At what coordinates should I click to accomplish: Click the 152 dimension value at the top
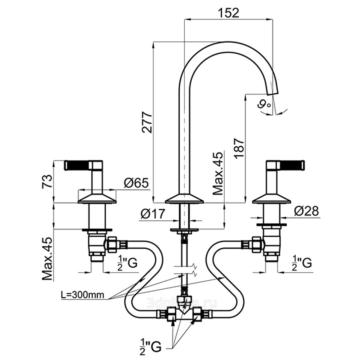(229, 13)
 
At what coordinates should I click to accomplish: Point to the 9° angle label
(263, 104)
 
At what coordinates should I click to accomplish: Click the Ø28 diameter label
(306, 211)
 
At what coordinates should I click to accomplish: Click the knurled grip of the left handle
(77, 166)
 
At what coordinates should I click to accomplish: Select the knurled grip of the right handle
(292, 165)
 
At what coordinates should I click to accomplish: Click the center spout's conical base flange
(184, 199)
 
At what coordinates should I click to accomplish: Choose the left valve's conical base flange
(97, 198)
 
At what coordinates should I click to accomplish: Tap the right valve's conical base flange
(272, 198)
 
